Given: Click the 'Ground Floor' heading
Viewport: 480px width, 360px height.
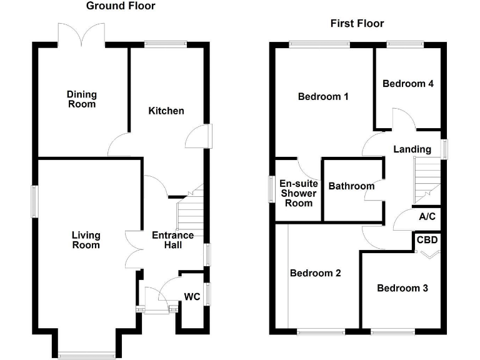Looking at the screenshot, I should coord(121,6).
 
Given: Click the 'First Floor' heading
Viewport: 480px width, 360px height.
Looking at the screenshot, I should coord(357,24).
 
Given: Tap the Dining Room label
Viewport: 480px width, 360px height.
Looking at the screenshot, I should coord(82,99).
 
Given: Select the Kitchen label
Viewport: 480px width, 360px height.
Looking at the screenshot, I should coord(166,111).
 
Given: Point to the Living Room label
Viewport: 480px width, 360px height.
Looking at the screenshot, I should coord(86,240).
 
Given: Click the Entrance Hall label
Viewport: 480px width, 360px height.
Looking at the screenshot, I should coord(173,240).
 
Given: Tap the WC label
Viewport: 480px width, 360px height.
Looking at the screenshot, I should coord(192,296).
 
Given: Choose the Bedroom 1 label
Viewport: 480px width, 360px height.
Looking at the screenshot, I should coord(323,96).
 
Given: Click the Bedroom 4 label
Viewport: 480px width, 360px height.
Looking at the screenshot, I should coord(408,83).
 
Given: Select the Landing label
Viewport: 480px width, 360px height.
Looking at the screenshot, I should coord(412,149).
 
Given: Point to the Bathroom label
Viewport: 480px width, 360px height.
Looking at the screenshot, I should coord(351,186).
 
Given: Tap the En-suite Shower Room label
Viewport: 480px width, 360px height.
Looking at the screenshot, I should coord(298,193).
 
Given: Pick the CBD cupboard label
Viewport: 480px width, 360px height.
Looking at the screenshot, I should coord(427,240).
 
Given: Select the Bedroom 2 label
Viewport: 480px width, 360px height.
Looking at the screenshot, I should coord(315,273).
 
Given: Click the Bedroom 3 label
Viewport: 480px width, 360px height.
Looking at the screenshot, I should coord(402,288).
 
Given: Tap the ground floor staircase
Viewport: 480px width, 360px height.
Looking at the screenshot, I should coord(191,212).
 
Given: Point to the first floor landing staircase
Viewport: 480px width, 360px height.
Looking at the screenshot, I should coord(427,176).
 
